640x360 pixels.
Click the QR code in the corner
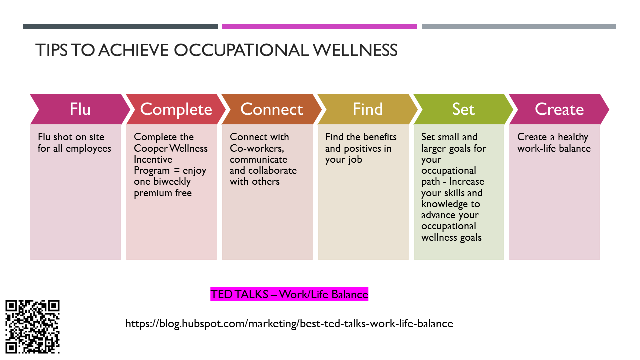click(x=32, y=327)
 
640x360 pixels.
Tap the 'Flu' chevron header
click(x=80, y=109)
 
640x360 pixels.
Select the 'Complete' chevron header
click(x=176, y=109)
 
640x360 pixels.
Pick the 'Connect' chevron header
click(x=272, y=109)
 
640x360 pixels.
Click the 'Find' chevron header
click(x=368, y=109)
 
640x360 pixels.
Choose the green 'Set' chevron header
click(x=463, y=109)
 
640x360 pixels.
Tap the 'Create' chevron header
click(x=559, y=109)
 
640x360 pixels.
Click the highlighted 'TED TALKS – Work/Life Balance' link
click(x=289, y=294)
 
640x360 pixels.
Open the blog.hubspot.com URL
click(x=289, y=324)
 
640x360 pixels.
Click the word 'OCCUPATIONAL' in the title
click(x=241, y=50)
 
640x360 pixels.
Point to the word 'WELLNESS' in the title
click(x=355, y=50)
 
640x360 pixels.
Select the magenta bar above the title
click(x=319, y=26)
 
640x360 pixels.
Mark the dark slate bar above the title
click(x=120, y=26)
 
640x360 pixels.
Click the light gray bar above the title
click(x=519, y=26)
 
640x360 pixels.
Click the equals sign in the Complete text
click(x=177, y=171)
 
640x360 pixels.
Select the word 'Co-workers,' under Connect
click(x=257, y=149)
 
